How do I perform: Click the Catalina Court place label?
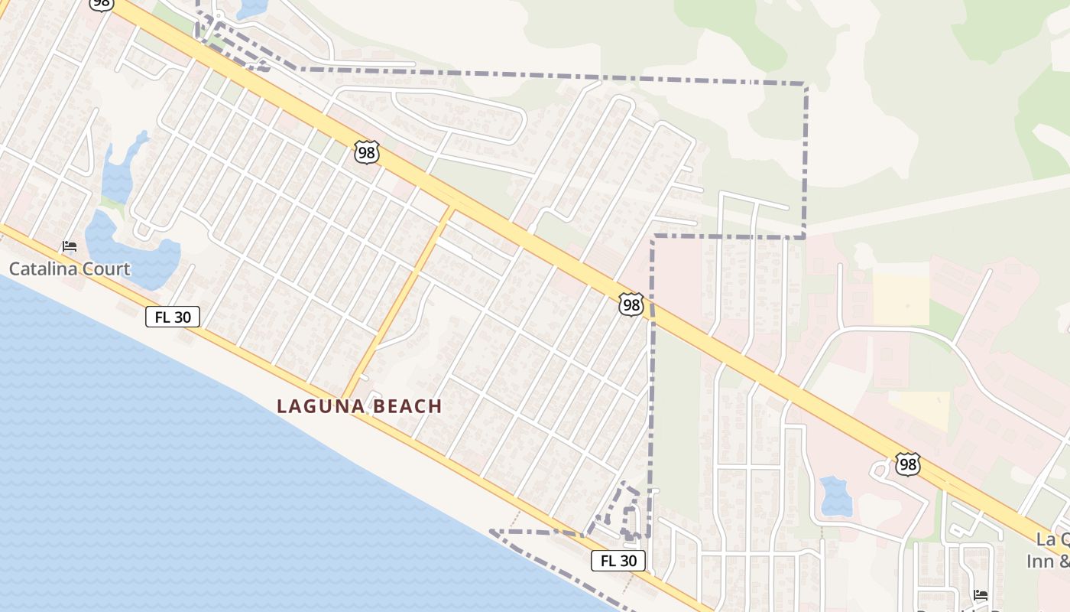point(70,269)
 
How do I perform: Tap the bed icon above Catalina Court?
point(70,246)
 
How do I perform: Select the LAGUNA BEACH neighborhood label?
point(359,406)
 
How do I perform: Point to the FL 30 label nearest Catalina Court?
point(173,317)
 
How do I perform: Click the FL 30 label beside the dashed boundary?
point(618,561)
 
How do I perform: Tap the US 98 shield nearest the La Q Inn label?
point(907,464)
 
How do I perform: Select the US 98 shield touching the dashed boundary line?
point(631,304)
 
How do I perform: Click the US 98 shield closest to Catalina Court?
point(367,152)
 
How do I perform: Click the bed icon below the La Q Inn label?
point(981,594)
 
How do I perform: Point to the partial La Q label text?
point(1052,539)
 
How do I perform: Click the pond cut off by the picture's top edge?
point(252,8)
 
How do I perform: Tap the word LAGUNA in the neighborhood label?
point(320,406)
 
